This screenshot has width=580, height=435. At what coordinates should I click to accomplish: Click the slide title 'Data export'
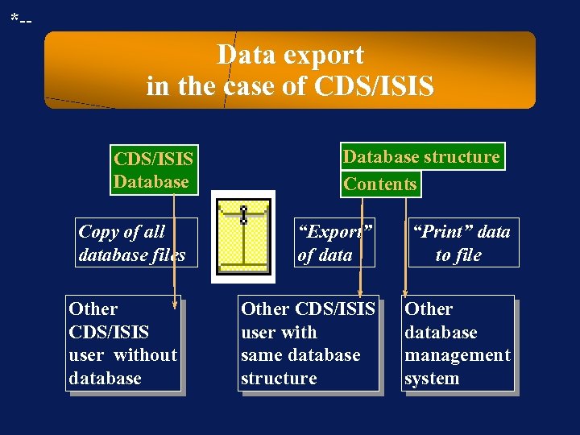point(290,55)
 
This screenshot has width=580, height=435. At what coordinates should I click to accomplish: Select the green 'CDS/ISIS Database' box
point(153,170)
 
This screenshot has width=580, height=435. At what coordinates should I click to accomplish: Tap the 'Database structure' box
point(421,156)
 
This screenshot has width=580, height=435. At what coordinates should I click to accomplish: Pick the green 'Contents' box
point(380,184)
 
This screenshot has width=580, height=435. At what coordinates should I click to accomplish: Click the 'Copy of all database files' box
point(135,242)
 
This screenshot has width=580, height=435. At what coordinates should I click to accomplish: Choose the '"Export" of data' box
point(334,242)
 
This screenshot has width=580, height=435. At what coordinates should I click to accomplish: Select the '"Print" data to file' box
point(462,242)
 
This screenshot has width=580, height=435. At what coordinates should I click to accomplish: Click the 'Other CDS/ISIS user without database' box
point(122,343)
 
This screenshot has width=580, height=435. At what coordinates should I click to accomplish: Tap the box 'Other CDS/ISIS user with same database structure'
point(308,343)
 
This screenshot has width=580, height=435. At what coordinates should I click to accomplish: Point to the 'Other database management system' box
point(457,343)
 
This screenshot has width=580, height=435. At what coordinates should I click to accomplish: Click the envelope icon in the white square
point(243,236)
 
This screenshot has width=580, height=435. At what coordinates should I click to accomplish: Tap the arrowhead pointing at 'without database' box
point(175,304)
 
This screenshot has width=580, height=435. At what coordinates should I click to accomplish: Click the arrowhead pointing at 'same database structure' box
point(361,292)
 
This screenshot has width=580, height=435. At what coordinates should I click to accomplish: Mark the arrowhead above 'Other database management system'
point(405,292)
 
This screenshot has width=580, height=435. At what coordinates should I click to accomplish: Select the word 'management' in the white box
point(457,355)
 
